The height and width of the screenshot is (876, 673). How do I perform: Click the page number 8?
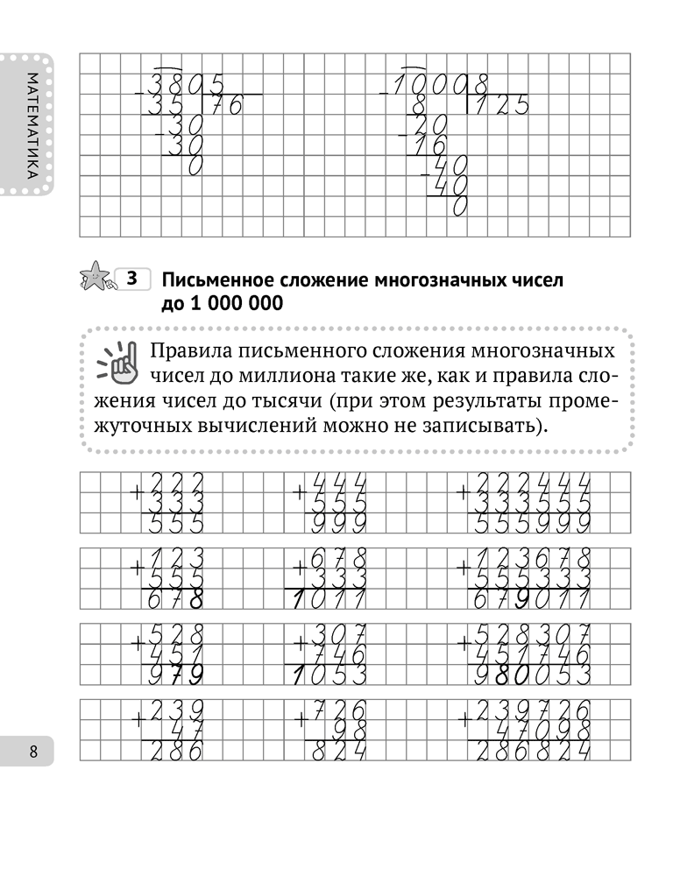[33, 752]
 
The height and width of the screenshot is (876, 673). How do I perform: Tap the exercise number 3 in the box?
[132, 280]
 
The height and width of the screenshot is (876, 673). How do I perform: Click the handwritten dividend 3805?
[188, 85]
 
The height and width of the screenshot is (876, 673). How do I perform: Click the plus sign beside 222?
[137, 493]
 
